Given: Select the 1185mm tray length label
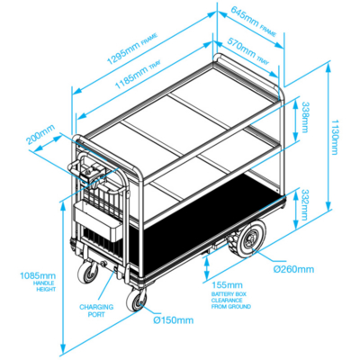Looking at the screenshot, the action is click(138, 74).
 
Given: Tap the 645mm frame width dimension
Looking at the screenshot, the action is click(254, 21).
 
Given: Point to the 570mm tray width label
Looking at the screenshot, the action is click(247, 50).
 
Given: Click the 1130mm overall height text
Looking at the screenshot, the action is click(335, 137).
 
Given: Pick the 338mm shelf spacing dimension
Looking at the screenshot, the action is click(305, 117).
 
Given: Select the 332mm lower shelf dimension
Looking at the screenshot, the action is click(304, 204).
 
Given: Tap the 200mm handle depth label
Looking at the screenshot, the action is click(40, 134).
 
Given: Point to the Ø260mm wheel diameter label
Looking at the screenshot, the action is click(293, 269).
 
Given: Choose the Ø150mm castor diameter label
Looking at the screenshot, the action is click(174, 320).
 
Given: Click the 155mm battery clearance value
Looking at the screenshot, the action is click(227, 284).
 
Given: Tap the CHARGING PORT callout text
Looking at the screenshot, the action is click(96, 310).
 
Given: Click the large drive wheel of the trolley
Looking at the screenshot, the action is click(247, 239).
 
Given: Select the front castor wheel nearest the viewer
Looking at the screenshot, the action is click(137, 301).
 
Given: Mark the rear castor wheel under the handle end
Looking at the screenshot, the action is click(88, 272).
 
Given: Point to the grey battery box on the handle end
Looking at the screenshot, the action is click(98, 221).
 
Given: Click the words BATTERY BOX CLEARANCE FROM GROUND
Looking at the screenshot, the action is click(231, 301).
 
